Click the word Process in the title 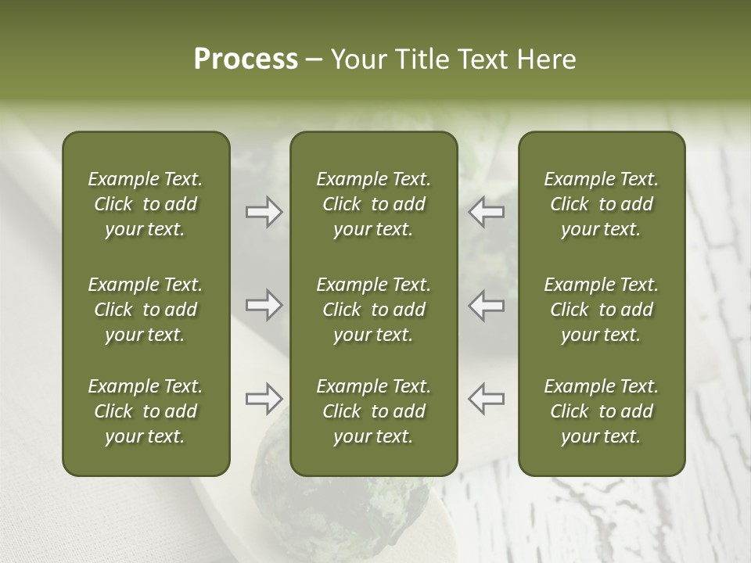pyautogui.click(x=246, y=59)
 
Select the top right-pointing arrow pyautogui.click(x=264, y=212)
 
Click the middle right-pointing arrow pyautogui.click(x=264, y=305)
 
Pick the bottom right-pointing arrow pyautogui.click(x=264, y=398)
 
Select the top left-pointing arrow pyautogui.click(x=486, y=212)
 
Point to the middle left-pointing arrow pyautogui.click(x=486, y=305)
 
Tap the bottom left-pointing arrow pyautogui.click(x=486, y=398)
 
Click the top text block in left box pyautogui.click(x=146, y=204)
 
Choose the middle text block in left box pyautogui.click(x=146, y=310)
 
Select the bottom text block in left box pyautogui.click(x=146, y=411)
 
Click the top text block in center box pyautogui.click(x=373, y=204)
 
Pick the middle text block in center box pyautogui.click(x=373, y=310)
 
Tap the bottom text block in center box pyautogui.click(x=373, y=411)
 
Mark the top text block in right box pyautogui.click(x=602, y=204)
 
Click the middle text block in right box pyautogui.click(x=602, y=310)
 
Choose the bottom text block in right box pyautogui.click(x=602, y=411)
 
